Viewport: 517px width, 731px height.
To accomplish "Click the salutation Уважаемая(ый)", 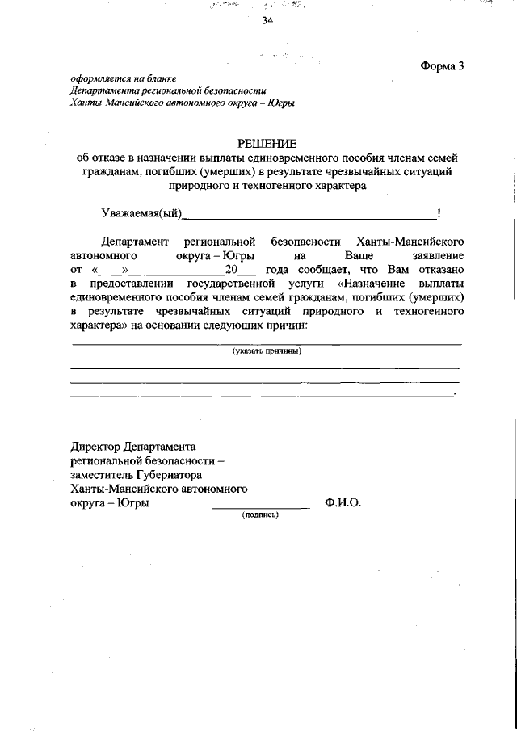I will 141,214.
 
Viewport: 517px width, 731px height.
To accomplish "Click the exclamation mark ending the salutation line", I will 438,213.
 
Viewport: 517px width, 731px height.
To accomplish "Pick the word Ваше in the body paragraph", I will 348,256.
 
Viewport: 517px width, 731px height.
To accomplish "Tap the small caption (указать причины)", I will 266,351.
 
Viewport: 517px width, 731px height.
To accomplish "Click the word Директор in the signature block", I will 97,446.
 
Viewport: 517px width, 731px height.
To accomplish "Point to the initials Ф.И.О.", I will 343,502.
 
